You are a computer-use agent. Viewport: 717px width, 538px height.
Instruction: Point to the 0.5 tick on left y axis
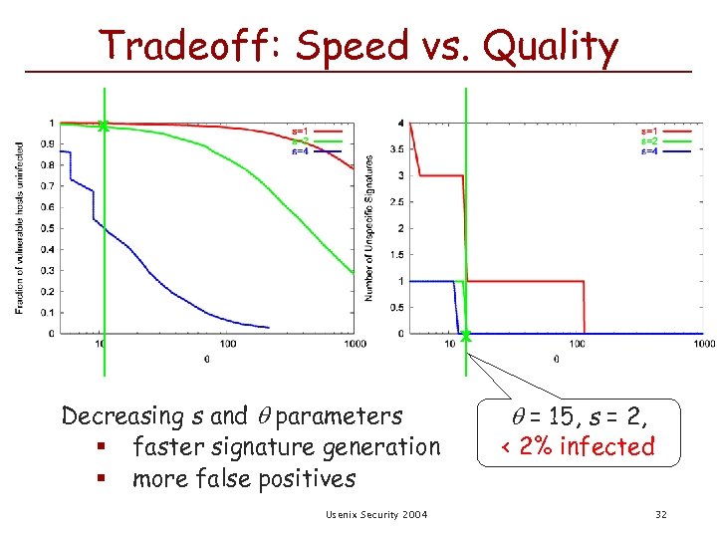[x=49, y=228]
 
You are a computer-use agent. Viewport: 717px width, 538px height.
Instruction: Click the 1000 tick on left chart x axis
[x=354, y=344]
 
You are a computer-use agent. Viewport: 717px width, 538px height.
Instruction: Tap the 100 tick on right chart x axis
[x=577, y=344]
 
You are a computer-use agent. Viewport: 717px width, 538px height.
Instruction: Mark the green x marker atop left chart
[x=104, y=126]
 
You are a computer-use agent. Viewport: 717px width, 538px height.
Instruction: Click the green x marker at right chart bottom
[x=465, y=336]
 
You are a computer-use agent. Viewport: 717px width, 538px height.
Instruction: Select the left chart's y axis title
[x=20, y=228]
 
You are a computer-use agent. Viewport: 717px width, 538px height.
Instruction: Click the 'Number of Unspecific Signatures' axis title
[x=368, y=228]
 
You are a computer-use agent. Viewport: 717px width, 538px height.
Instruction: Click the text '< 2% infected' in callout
[x=578, y=446]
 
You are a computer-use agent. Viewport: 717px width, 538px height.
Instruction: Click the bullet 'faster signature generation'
[x=285, y=447]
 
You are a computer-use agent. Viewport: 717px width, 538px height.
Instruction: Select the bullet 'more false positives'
[x=243, y=479]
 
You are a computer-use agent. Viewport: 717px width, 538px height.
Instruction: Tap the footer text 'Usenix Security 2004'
[x=376, y=514]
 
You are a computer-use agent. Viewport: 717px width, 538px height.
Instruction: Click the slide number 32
[x=660, y=514]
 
